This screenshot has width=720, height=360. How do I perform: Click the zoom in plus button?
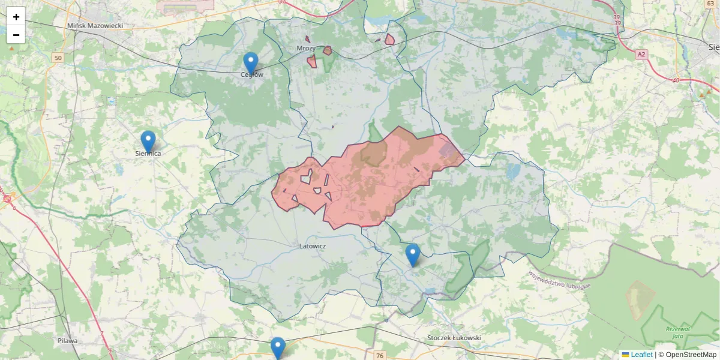16,17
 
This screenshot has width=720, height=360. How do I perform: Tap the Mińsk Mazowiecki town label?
95,26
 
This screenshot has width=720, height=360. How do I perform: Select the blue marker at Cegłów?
251,62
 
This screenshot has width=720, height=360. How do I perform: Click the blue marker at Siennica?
148,141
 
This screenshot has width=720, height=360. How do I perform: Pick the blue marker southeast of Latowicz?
412,254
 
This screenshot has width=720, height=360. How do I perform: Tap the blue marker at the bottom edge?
277,347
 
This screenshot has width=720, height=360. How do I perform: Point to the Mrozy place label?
306,48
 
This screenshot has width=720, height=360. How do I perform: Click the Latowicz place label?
313,246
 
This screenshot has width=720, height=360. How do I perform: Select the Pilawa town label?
68,341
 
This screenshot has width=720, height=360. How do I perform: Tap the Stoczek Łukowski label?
454,338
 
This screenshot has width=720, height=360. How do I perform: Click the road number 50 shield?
57,58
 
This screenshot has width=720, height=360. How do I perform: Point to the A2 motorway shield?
642,55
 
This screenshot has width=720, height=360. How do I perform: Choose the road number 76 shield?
379,356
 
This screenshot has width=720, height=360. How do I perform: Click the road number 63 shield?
710,4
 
